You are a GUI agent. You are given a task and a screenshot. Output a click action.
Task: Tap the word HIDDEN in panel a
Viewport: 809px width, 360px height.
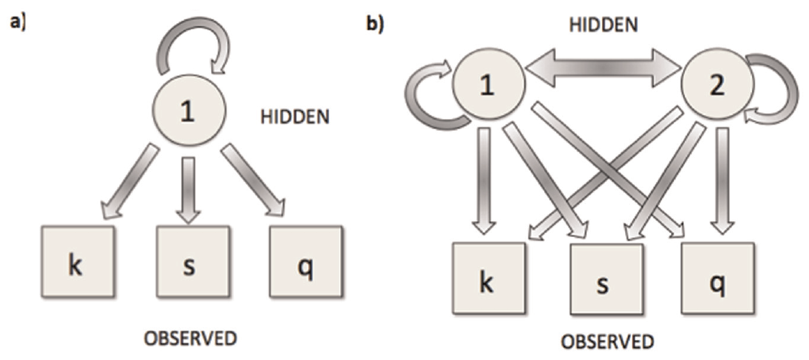tap(295, 117)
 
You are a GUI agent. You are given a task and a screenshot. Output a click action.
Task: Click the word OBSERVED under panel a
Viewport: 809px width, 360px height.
tap(189, 338)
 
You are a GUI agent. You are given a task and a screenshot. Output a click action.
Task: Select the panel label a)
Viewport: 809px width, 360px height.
tap(16, 22)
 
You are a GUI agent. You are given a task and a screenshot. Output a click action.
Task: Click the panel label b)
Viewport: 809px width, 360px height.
tap(374, 24)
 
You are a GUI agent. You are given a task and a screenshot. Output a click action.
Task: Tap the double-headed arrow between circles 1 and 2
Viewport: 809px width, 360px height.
tap(604, 70)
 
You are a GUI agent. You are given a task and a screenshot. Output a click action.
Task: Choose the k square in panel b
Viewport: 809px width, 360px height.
tap(488, 283)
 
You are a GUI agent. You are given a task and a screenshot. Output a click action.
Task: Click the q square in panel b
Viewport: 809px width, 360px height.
tap(718, 283)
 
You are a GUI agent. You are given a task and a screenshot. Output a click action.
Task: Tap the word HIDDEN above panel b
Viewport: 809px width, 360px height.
tap(603, 25)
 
